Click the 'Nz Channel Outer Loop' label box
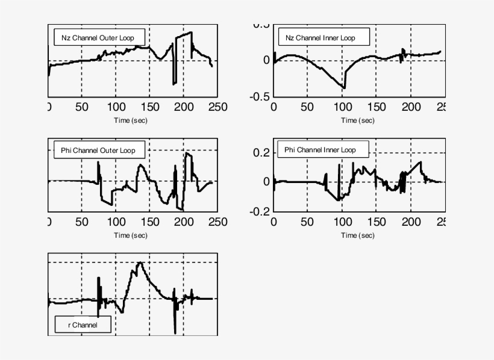pyautogui.click(x=99, y=38)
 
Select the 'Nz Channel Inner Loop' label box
pyautogui.click(x=320, y=38)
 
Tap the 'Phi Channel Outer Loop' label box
pyautogui.click(x=98, y=150)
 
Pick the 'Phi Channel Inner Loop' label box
pyautogui.click(x=320, y=149)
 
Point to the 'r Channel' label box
pyautogui.click(x=82, y=325)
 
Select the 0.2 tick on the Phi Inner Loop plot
pyautogui.click(x=261, y=153)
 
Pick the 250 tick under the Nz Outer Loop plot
pyautogui.click(x=217, y=107)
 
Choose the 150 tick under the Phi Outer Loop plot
pyautogui.click(x=150, y=222)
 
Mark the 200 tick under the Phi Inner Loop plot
pyautogui.click(x=411, y=222)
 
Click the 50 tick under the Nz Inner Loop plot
pyautogui.click(x=307, y=107)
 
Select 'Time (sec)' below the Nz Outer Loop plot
pyautogui.click(x=131, y=120)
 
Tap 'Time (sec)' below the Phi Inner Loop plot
pyautogui.click(x=358, y=235)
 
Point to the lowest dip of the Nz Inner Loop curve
pyautogui.click(x=345, y=88)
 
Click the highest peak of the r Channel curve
pyautogui.click(x=140, y=262)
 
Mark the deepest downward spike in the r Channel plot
pyautogui.click(x=175, y=333)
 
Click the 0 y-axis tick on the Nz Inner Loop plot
pyautogui.click(x=266, y=60)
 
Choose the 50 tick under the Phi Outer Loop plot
pyautogui.click(x=82, y=222)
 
